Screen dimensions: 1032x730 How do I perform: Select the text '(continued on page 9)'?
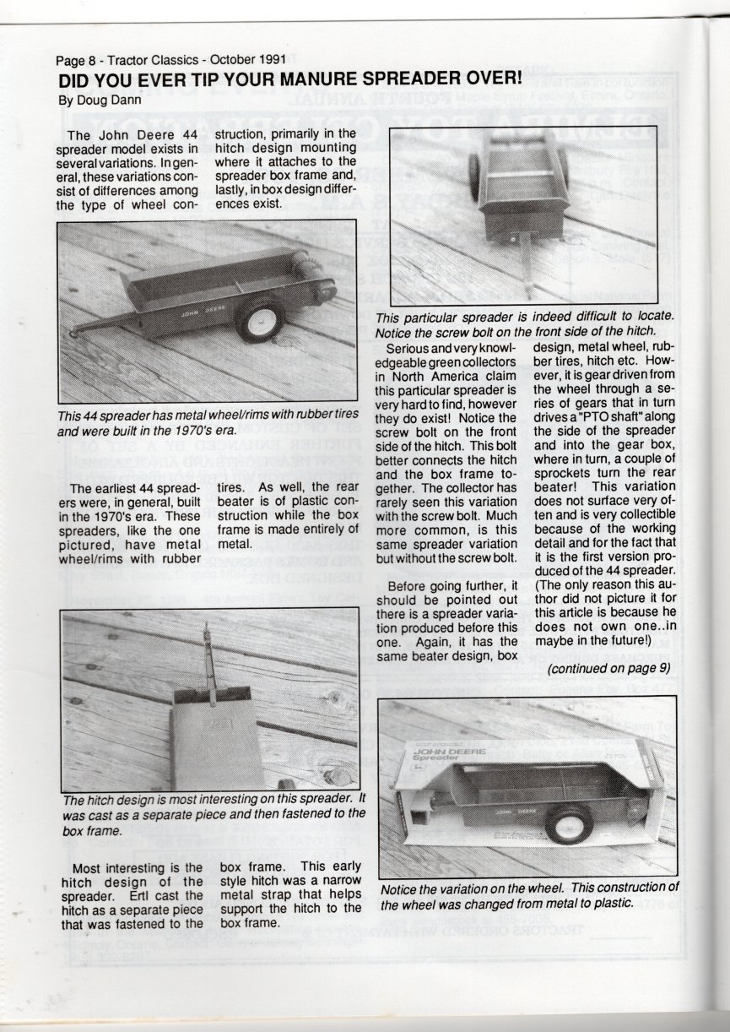tap(608, 668)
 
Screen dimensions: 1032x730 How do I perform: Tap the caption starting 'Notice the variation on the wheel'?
tap(529, 895)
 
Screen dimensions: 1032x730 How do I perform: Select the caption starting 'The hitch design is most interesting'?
tap(214, 814)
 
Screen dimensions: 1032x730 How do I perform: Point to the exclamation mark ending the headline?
tap(518, 79)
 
